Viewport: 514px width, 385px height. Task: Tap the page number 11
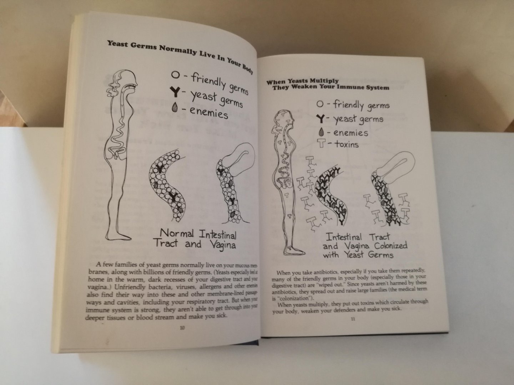click(x=353, y=319)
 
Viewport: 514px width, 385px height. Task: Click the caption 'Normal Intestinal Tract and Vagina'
click(x=195, y=240)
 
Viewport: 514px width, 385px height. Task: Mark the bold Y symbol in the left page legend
click(x=176, y=93)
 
